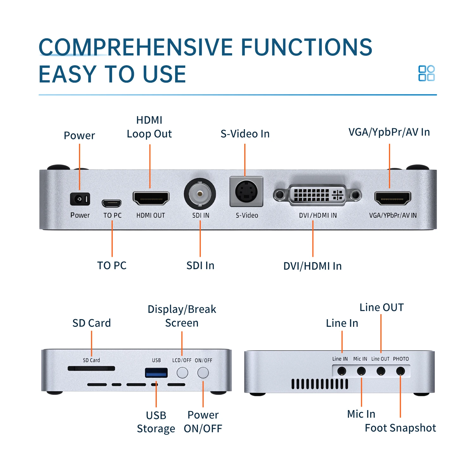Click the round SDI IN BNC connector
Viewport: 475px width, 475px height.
pos(200,193)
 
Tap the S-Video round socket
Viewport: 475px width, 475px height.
pos(246,192)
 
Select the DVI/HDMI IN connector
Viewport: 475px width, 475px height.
pos(317,195)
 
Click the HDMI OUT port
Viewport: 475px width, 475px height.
pos(151,198)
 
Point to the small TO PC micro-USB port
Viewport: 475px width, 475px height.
pos(111,203)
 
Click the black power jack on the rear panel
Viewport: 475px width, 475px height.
pos(80,199)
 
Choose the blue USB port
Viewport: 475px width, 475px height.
pos(156,373)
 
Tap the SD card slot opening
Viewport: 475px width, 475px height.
pos(91,368)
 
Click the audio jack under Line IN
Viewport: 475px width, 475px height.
pos(342,371)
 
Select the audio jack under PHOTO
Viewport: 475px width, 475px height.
pos(400,371)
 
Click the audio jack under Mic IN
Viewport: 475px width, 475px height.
pos(361,371)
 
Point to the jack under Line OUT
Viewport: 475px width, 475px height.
pos(381,371)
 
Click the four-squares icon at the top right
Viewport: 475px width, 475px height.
pos(426,73)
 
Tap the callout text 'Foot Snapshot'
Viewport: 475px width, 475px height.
pos(400,428)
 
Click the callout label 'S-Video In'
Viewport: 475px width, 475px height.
pos(245,134)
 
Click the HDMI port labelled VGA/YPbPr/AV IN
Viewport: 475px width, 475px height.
pos(393,198)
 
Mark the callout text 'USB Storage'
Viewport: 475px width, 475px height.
pos(156,422)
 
